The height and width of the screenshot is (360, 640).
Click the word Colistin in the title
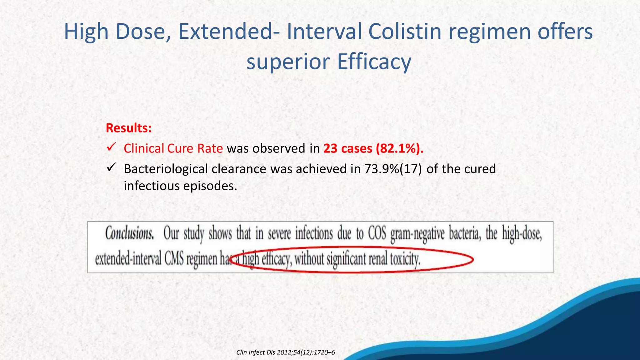(x=405, y=32)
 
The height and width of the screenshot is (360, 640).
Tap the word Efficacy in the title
(x=374, y=62)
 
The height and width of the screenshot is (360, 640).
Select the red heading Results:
(x=129, y=128)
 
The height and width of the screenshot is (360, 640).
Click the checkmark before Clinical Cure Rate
(x=111, y=147)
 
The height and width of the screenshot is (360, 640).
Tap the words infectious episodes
(x=180, y=186)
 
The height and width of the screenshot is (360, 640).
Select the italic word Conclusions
(x=129, y=233)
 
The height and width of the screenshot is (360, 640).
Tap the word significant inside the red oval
(x=346, y=259)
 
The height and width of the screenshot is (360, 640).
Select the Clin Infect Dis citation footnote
(x=285, y=352)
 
